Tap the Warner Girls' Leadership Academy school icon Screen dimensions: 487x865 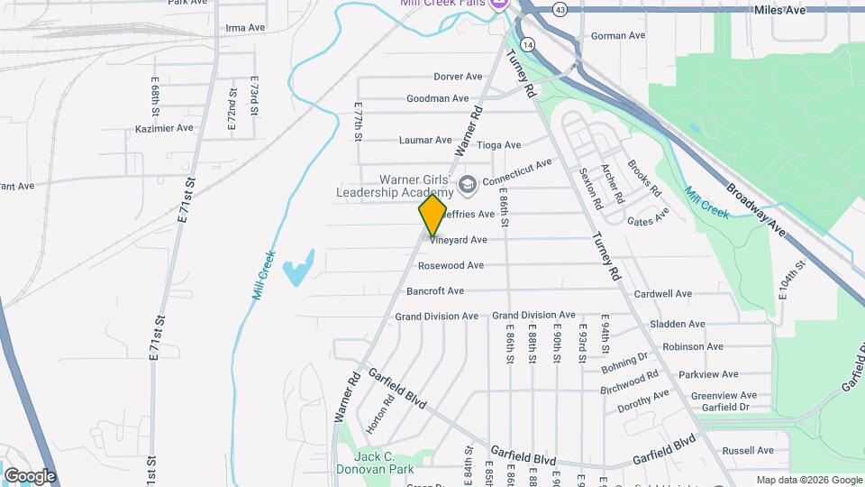467,186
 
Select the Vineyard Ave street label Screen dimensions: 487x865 459,240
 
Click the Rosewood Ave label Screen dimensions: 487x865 451,265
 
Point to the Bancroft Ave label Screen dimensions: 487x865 435,291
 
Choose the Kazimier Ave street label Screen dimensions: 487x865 164,128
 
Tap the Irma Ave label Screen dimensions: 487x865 245,28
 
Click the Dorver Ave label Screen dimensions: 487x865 458,77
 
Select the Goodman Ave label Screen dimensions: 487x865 438,98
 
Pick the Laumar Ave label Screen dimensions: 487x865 425,140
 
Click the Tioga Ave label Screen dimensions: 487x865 498,144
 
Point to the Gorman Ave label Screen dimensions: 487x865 618,36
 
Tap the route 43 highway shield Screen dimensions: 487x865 560,9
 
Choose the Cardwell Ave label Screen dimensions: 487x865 662,294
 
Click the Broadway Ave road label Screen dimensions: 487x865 755,212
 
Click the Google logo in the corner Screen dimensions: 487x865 30,475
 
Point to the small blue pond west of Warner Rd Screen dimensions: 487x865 298,269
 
